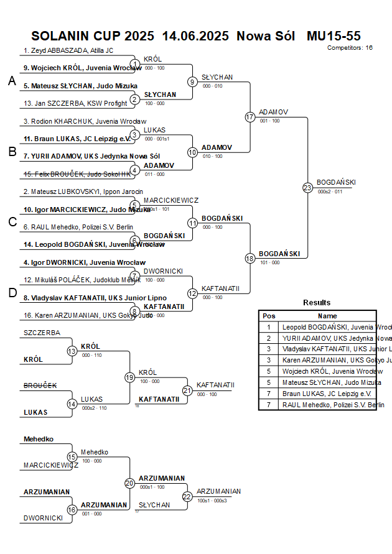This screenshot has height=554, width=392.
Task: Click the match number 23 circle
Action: (307, 187)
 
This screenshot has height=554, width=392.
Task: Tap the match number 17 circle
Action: (250, 117)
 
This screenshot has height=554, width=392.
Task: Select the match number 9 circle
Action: (193, 81)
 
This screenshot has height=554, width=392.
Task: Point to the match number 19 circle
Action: (129, 377)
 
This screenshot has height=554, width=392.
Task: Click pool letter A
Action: (12, 81)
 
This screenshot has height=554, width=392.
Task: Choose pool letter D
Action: (12, 293)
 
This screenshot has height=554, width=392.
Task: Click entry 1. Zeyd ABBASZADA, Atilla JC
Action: (68, 50)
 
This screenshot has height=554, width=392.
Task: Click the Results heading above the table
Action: (317, 302)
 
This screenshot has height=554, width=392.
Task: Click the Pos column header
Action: (269, 316)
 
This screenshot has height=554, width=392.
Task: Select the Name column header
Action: (327, 316)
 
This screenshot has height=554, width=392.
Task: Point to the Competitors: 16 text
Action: (350, 47)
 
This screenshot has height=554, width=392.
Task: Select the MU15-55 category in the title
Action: (334, 36)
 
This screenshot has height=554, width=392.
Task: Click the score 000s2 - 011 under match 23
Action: (330, 192)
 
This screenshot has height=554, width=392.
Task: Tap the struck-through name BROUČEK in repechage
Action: (40, 385)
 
